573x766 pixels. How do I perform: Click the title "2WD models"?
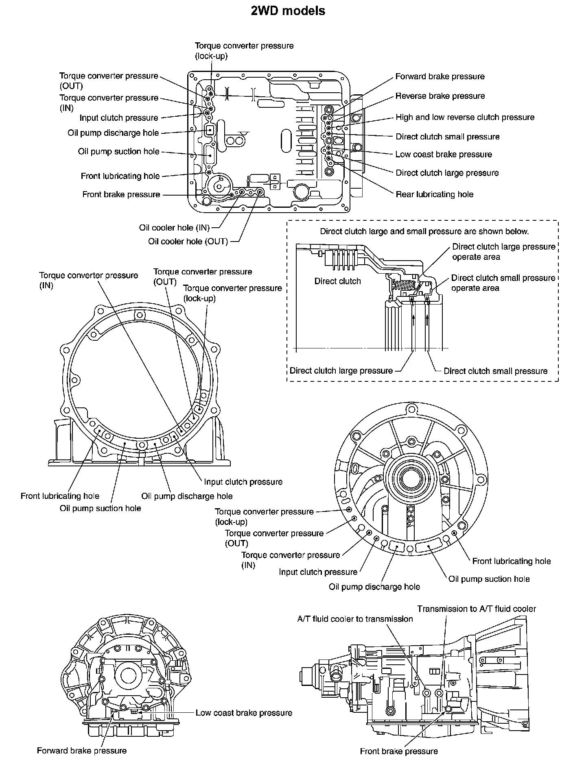[x=288, y=11]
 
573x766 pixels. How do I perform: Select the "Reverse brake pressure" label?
[x=440, y=96]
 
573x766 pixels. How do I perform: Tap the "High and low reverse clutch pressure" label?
[x=465, y=118]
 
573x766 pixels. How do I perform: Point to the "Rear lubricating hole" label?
[x=434, y=194]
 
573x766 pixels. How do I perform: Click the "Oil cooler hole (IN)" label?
[x=174, y=228]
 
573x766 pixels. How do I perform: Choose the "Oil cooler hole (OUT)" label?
[x=188, y=242]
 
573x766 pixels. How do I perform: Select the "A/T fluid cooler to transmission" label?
[x=355, y=619]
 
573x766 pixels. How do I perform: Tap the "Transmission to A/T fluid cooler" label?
[x=477, y=609]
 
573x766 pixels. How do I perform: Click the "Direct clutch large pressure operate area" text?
[x=503, y=252]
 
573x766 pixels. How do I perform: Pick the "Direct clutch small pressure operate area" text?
[x=503, y=283]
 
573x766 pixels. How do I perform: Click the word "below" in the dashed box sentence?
[x=516, y=231]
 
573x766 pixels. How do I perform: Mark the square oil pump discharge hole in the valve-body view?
[x=210, y=130]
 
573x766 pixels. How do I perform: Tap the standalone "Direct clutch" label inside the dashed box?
[x=337, y=281]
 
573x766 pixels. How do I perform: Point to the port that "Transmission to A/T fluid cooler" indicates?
[x=439, y=693]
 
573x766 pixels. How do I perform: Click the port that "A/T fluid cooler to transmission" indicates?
[x=427, y=693]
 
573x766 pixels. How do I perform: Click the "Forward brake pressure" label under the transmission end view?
[x=81, y=751]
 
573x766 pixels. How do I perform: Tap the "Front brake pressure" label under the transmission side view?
[x=398, y=751]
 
